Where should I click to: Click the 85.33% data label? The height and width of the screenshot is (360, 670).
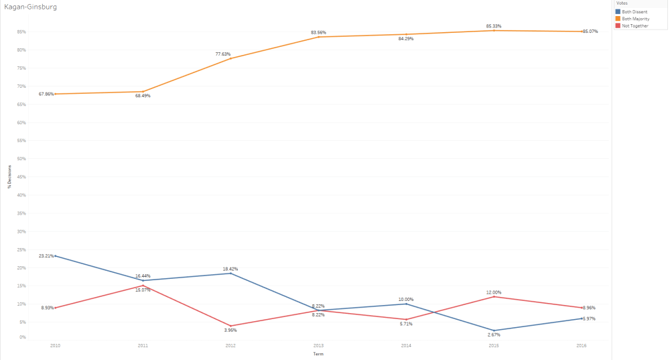[x=494, y=26]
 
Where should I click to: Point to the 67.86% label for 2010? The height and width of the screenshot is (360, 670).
[x=46, y=94]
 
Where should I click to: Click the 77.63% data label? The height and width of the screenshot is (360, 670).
[x=230, y=54]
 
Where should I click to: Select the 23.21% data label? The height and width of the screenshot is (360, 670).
[x=46, y=255]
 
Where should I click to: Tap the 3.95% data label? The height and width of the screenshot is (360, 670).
[x=230, y=330]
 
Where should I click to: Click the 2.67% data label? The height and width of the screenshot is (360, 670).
[x=494, y=335]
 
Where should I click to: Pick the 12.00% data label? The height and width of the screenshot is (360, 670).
[x=494, y=292]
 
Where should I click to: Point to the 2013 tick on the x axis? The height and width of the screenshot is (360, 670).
[x=318, y=345]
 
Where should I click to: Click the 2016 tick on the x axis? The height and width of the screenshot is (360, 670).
[x=582, y=345]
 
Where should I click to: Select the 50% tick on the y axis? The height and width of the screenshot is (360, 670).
[x=21, y=159]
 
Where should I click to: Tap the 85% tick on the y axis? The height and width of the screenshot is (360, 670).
[x=21, y=32]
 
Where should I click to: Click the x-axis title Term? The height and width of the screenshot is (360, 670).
[x=318, y=353]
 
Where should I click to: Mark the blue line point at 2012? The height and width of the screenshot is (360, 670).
[x=230, y=273]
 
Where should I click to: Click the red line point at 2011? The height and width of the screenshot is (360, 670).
[x=143, y=286]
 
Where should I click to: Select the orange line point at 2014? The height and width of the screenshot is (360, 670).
[x=406, y=34]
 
